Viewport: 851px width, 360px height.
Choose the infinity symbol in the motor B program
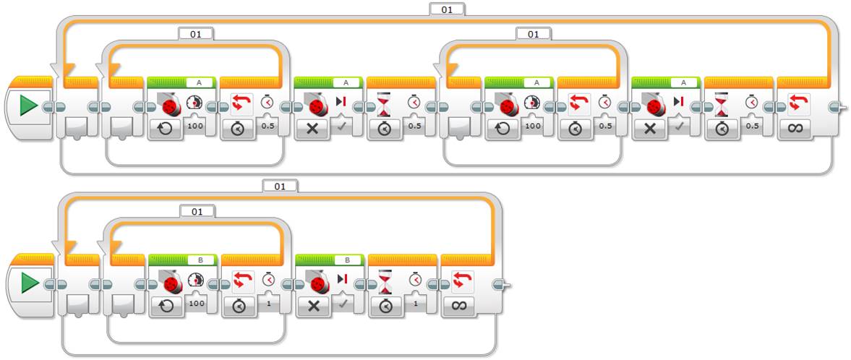coord(458,306)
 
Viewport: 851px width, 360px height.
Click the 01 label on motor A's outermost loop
coord(447,9)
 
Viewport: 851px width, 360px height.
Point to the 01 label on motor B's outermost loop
coord(280,186)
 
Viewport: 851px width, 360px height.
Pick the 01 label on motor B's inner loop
coord(197,211)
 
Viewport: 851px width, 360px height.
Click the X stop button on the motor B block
coord(314,306)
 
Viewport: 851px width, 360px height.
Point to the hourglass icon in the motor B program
coord(385,280)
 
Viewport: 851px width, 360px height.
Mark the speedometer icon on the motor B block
coord(195,279)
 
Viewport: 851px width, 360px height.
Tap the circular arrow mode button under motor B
coord(166,306)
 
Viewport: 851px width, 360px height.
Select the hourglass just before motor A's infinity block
coord(722,104)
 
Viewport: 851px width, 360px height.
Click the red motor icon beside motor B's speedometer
coord(169,281)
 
